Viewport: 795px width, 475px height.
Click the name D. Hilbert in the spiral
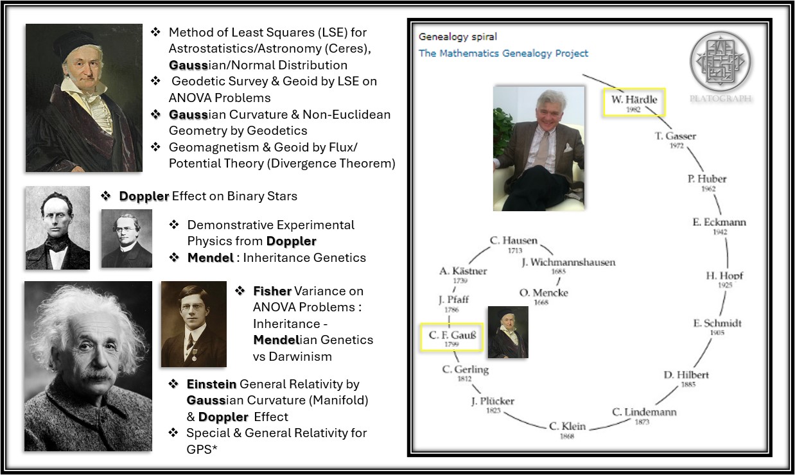pos(686,375)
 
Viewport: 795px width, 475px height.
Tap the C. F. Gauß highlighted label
pos(451,338)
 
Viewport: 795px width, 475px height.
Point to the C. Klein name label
pos(567,426)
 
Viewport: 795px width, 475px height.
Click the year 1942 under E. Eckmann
pos(720,232)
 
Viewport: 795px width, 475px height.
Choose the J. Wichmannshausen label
pos(568,262)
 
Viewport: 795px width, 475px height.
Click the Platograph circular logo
pos(720,61)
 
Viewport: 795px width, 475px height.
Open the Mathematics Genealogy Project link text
pos(503,53)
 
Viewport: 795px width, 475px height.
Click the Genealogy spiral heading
pos(458,37)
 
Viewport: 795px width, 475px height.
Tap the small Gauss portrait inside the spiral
pos(508,332)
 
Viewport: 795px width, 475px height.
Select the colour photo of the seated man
pos(539,148)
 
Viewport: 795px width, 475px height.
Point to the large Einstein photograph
pos(89,366)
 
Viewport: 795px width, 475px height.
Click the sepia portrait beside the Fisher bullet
pos(194,324)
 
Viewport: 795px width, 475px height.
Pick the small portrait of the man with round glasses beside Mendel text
pos(127,238)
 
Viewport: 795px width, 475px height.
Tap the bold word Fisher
pos(272,291)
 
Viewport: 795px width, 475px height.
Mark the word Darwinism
pos(301,356)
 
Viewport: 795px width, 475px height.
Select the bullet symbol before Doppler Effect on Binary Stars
pos(106,196)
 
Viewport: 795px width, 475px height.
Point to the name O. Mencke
pos(544,293)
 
